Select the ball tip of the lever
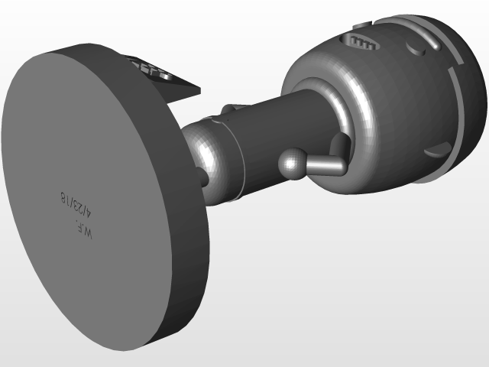291,164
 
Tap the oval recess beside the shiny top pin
416,50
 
